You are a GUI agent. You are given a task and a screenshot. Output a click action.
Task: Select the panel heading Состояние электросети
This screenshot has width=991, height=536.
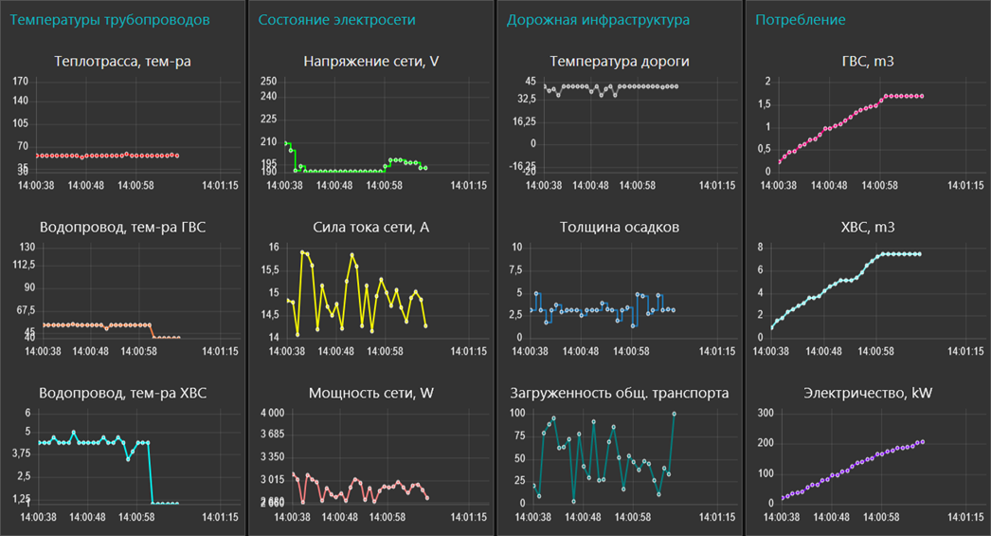336,20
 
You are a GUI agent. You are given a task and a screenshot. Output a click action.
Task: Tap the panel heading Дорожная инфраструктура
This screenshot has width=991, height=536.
598,20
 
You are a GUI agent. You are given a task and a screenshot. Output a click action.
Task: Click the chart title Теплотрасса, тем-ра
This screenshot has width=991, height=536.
123,63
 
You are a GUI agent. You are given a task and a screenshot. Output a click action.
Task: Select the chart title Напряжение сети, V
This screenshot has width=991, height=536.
370,63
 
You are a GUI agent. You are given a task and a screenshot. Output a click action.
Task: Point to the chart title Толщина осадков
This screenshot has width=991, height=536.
619,228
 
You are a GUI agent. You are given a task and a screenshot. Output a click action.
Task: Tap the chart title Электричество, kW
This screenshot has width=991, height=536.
867,393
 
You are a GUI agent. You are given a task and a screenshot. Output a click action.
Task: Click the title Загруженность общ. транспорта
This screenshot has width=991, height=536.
619,393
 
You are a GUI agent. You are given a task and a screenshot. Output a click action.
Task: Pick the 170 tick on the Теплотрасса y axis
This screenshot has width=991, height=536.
21,82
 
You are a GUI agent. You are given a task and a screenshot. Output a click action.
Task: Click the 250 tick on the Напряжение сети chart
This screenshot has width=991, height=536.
268,82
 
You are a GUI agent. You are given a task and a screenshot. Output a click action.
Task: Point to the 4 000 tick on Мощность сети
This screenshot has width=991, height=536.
272,413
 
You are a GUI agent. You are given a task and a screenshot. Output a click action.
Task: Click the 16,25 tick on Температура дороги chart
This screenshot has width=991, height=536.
524,121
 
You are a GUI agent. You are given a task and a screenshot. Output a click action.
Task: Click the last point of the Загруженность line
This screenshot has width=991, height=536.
674,414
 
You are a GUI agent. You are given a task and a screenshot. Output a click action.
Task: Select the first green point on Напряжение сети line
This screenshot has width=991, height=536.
287,143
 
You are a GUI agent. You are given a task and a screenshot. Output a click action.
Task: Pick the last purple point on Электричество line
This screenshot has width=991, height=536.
922,442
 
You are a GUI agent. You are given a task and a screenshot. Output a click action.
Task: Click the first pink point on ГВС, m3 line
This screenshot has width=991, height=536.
779,162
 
